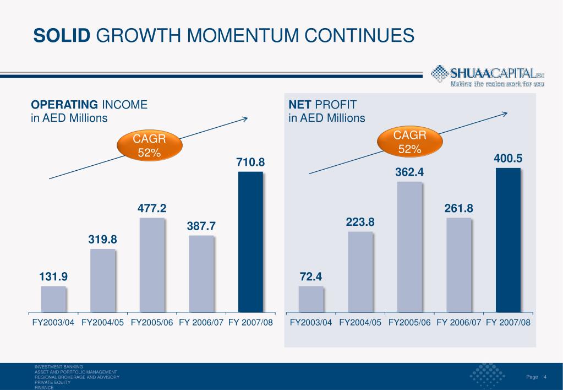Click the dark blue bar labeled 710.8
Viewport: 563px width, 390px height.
[250, 242]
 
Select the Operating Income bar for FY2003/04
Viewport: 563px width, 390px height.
[53, 299]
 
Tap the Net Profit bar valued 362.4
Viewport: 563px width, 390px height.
[409, 247]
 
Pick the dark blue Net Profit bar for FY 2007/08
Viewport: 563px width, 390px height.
[508, 240]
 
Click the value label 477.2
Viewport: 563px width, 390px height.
[152, 208]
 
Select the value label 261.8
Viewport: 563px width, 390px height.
[458, 208]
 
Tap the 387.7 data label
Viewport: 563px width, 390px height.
[201, 226]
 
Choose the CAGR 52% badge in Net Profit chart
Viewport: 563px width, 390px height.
[410, 141]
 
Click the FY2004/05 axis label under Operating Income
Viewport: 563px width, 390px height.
[102, 322]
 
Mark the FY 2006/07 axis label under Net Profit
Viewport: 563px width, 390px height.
[459, 322]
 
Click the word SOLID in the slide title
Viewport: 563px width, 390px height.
[61, 36]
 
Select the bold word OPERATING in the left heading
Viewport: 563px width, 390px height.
[64, 105]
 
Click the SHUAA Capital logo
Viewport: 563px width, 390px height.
[487, 76]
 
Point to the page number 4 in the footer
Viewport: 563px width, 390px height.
[544, 377]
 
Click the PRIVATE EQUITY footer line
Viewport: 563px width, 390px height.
[53, 382]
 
